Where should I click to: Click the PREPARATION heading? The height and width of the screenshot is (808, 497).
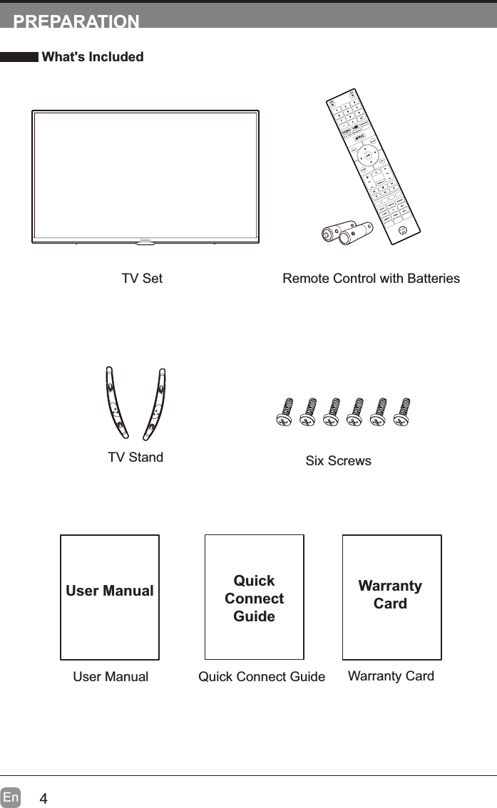click(76, 21)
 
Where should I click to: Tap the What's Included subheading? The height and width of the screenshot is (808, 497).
click(93, 57)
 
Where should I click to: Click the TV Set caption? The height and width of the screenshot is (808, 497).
click(142, 279)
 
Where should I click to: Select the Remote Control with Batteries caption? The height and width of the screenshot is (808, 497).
click(371, 279)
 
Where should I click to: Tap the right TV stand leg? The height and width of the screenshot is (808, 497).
click(156, 404)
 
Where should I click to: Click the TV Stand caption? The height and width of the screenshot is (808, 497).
click(135, 457)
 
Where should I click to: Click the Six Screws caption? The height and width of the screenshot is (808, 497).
click(338, 461)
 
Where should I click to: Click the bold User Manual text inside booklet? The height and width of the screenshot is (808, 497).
click(110, 591)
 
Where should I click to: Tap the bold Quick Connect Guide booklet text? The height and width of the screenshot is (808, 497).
click(254, 599)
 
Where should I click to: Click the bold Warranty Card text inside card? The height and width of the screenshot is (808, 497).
click(391, 594)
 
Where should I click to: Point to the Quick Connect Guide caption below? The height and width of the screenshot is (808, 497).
click(262, 677)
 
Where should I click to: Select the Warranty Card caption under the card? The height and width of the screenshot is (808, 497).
click(391, 675)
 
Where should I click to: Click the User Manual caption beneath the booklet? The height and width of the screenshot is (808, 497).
click(111, 677)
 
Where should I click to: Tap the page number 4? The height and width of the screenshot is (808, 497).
click(43, 798)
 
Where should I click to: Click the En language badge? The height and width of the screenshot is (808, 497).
click(11, 797)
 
